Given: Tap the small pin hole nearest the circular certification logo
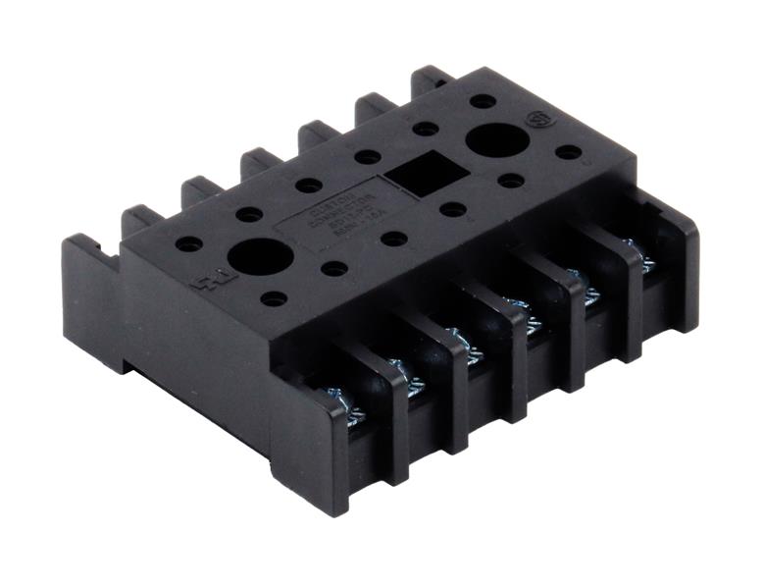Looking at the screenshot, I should pos(566,152).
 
